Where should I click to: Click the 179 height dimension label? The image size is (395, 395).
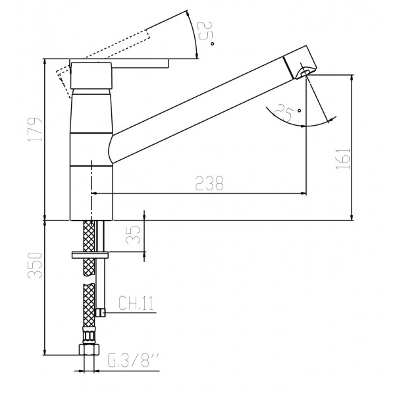(x=35, y=130)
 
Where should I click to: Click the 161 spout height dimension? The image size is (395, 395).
(x=343, y=159)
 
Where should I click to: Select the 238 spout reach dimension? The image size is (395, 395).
(x=209, y=183)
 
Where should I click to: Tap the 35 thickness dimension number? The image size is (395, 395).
(x=133, y=235)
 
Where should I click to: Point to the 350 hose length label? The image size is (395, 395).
(x=35, y=265)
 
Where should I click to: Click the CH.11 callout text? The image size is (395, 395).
(x=136, y=303)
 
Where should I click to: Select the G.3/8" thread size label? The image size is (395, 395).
(x=133, y=360)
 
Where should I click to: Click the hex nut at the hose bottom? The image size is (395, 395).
(x=89, y=350)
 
